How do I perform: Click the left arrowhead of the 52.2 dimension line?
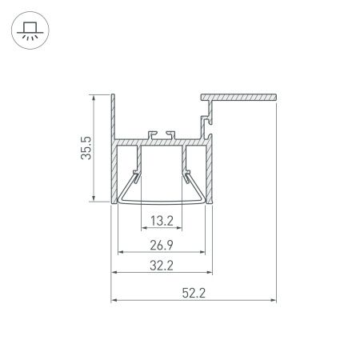(114, 302)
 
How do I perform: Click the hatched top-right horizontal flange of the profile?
(240, 97)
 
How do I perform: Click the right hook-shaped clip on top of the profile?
(170, 133)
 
